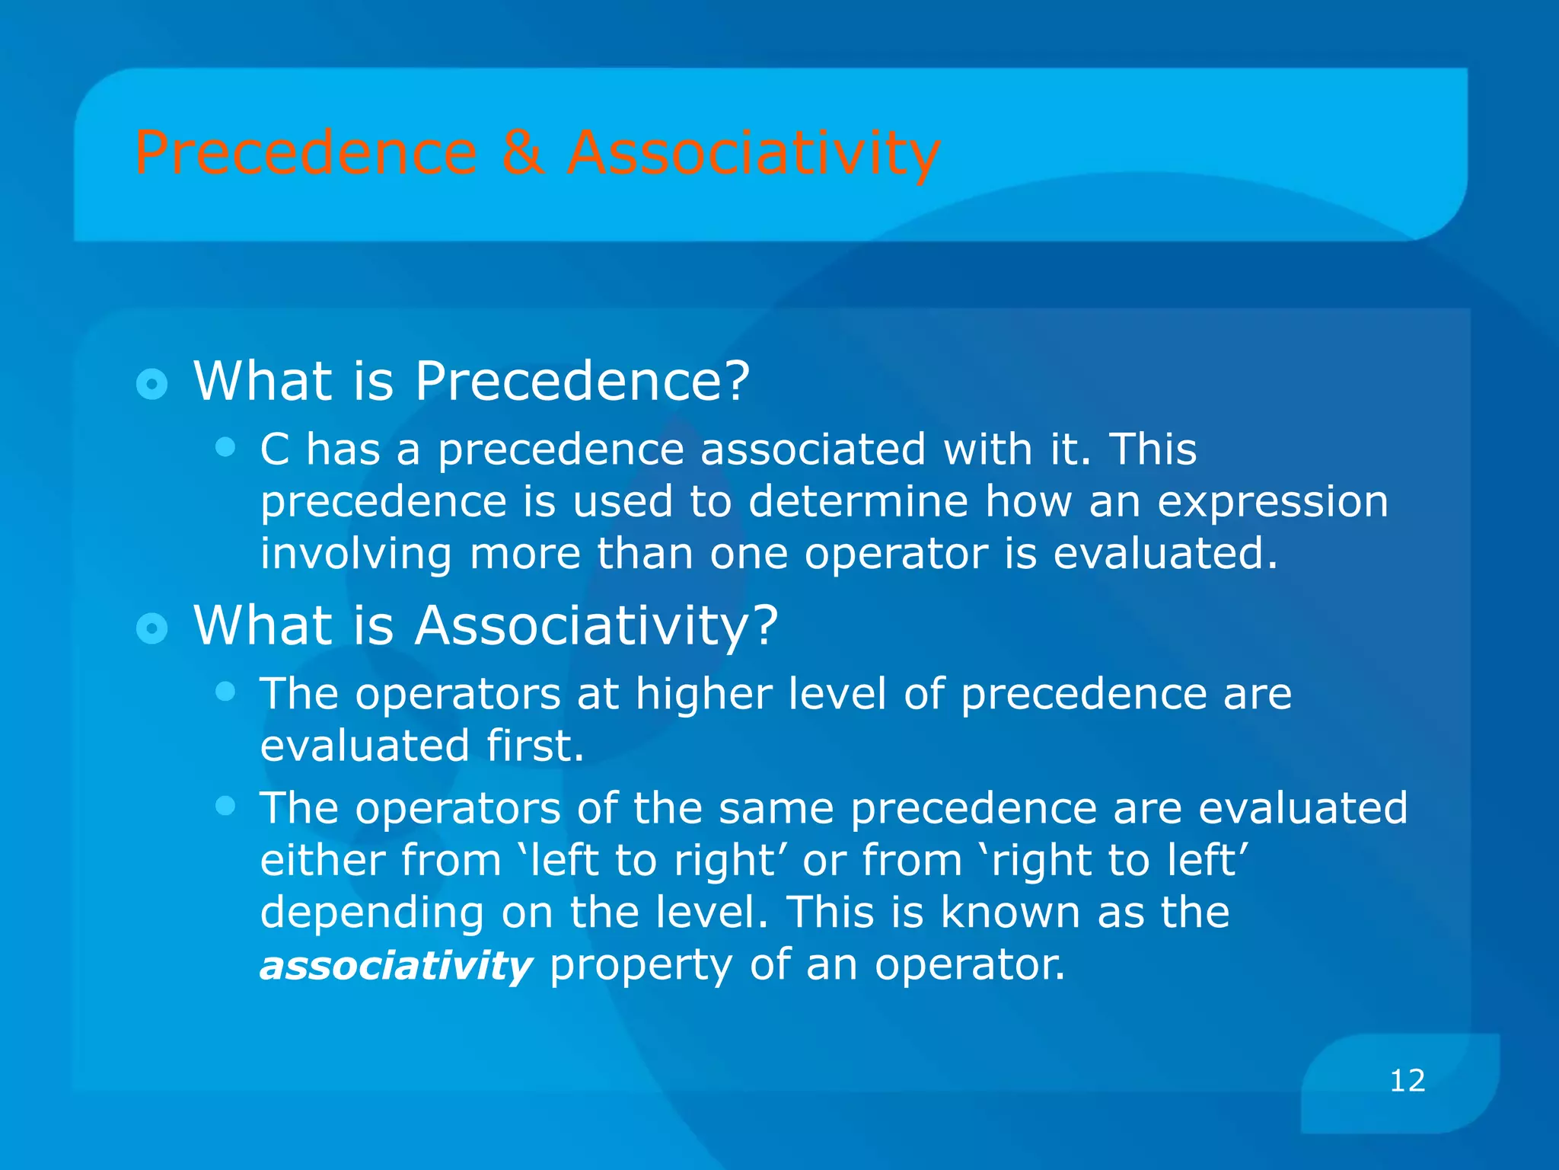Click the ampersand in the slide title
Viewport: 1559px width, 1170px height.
point(522,152)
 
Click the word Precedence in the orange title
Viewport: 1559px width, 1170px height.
point(305,152)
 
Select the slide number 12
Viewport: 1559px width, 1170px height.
point(1407,1081)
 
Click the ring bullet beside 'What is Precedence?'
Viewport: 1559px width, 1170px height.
point(151,384)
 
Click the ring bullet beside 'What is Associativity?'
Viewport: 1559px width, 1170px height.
point(151,628)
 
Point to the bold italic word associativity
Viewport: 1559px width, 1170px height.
point(396,966)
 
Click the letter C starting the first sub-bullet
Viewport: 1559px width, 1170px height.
point(275,449)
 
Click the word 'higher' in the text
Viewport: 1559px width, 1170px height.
point(703,695)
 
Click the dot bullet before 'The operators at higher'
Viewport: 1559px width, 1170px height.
point(225,691)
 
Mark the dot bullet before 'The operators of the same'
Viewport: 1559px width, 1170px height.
point(225,805)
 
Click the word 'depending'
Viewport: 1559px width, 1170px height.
point(371,913)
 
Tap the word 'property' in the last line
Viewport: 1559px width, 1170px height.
point(639,966)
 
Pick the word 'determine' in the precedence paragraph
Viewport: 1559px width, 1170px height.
point(858,502)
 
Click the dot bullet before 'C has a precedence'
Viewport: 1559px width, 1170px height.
point(225,446)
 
